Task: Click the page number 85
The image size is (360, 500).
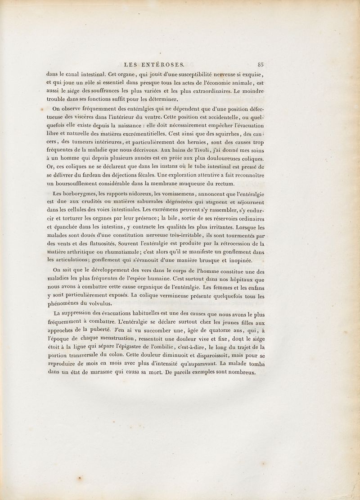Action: (x=261, y=64)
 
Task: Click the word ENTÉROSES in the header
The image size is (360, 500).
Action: (x=167, y=64)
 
